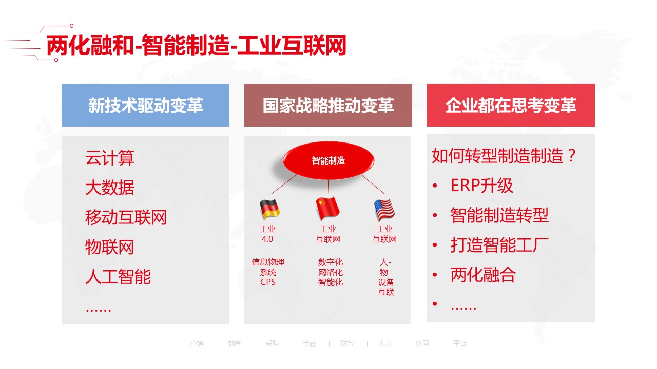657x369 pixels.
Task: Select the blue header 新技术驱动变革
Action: [x=145, y=106]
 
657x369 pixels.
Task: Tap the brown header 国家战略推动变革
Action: [x=328, y=106]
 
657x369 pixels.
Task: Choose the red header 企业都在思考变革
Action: [x=511, y=106]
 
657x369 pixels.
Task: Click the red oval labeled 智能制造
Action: [x=328, y=160]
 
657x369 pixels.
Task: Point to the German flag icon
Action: [x=269, y=209]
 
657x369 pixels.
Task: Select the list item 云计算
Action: [x=110, y=158]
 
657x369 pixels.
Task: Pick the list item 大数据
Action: [x=110, y=188]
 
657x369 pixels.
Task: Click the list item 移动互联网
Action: [x=126, y=217]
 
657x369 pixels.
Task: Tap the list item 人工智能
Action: [x=118, y=277]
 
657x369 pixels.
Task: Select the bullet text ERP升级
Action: [x=482, y=186]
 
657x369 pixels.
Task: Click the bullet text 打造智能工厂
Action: [x=499, y=245]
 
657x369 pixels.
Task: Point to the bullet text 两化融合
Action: [x=483, y=275]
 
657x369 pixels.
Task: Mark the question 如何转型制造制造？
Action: [x=505, y=156]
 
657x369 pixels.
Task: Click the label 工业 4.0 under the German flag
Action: [x=267, y=234]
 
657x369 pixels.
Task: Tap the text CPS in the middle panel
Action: [x=267, y=282]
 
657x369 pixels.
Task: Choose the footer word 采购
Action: [x=272, y=344]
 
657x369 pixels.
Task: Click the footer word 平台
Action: [x=460, y=344]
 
